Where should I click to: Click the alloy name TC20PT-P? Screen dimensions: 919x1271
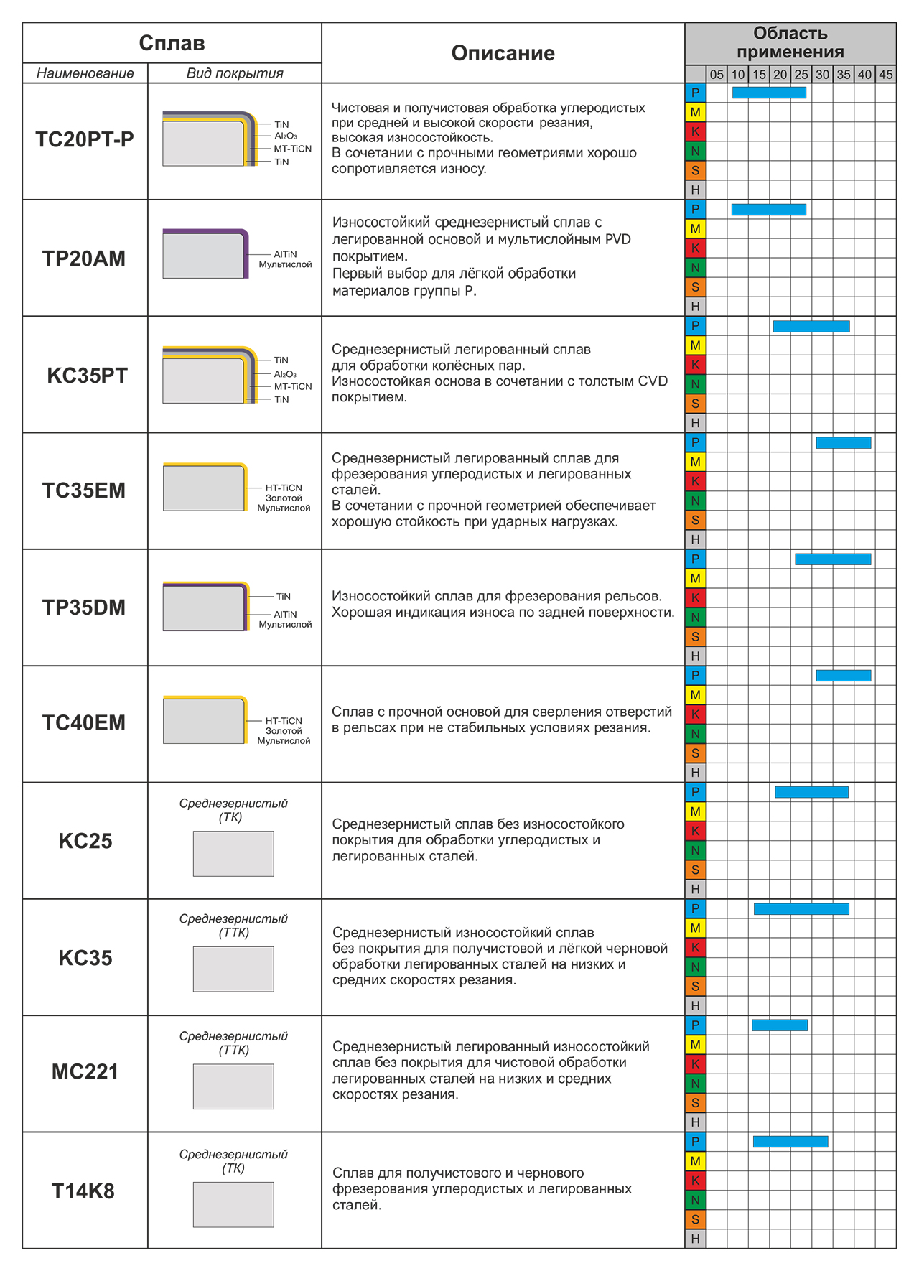click(x=85, y=139)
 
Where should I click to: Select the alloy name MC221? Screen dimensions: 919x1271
click(x=85, y=1072)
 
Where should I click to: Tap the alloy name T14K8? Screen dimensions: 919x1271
click(x=83, y=1191)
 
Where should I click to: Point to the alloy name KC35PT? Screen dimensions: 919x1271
click(x=87, y=376)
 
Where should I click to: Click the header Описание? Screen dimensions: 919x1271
click(x=503, y=53)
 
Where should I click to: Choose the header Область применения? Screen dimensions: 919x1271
click(x=790, y=42)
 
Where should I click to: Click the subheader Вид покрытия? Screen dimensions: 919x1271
click(x=235, y=73)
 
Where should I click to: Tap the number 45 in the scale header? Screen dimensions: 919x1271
click(x=886, y=75)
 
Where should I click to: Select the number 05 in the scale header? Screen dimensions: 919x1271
click(x=717, y=75)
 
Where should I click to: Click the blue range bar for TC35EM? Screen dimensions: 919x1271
click(x=844, y=443)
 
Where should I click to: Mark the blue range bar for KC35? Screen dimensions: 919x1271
click(x=801, y=909)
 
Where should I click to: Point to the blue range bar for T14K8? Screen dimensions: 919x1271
click(x=790, y=1142)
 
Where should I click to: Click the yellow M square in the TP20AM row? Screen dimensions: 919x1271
click(x=695, y=229)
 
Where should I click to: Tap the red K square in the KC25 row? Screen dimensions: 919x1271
click(x=695, y=831)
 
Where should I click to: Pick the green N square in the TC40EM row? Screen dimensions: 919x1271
click(x=695, y=734)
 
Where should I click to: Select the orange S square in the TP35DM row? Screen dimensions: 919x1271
click(x=695, y=637)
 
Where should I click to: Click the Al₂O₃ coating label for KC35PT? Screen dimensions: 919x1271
click(x=285, y=374)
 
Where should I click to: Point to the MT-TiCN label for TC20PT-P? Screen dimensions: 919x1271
click(x=293, y=149)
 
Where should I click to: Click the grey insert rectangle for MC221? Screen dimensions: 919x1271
click(x=233, y=1086)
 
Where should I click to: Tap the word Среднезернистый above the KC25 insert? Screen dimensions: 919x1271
click(x=233, y=804)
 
